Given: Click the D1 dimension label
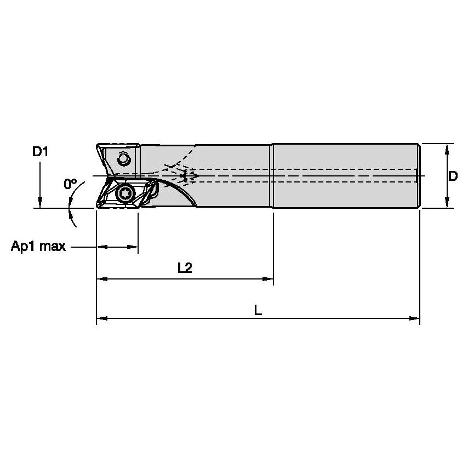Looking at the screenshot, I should [40, 152].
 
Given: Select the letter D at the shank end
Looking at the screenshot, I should [453, 176].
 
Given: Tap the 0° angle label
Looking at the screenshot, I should [70, 184].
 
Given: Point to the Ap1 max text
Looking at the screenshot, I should [38, 247].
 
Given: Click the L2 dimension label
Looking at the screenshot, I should [185, 267].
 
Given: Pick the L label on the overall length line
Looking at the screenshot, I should [258, 310].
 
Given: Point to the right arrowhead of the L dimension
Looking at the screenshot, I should [415, 318].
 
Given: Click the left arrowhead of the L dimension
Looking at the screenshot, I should [101, 318].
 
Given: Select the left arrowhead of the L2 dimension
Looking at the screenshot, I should [101, 279].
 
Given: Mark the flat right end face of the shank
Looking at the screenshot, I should [419, 176].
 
